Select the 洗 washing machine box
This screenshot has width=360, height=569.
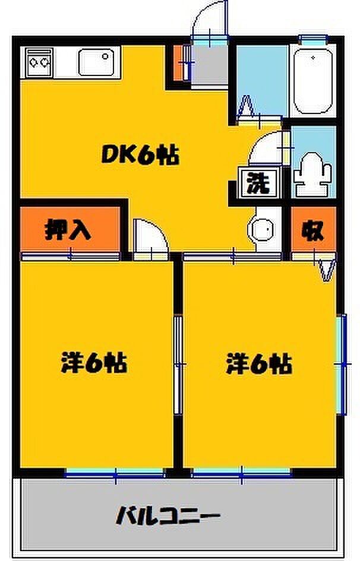pos(259,183)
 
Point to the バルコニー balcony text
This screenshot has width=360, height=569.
pos(168,516)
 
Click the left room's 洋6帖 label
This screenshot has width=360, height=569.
pos(94,362)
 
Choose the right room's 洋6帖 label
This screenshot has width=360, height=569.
pos(259,363)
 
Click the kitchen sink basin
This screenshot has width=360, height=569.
pos(94,62)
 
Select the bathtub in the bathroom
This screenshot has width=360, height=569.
pos(313,81)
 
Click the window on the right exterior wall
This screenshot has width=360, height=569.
pos(342,364)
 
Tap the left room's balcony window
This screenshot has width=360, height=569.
pos(115,473)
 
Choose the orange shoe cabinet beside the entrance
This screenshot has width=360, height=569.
pos(178,63)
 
